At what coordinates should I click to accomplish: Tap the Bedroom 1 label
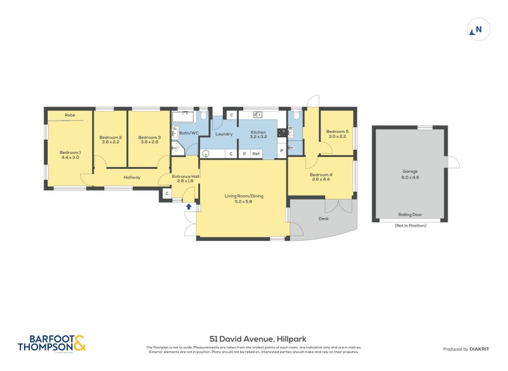tap(70, 152)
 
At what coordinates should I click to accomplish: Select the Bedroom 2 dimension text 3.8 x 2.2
tap(110, 142)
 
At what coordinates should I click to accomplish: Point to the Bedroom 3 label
tap(149, 137)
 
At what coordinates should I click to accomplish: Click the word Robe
tap(70, 116)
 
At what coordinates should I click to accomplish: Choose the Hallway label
tap(132, 177)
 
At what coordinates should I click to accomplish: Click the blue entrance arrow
tap(189, 206)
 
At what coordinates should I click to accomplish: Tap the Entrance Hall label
tap(186, 177)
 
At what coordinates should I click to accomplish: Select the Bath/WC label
tap(189, 133)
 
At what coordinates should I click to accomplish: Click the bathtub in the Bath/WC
tap(184, 117)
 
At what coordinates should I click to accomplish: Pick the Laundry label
tap(224, 134)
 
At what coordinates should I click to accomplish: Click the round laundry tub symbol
tap(206, 154)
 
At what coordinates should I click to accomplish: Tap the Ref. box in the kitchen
tap(257, 154)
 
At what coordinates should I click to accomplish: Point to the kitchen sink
tap(258, 115)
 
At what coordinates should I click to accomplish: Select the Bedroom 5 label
tap(337, 132)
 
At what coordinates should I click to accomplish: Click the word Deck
tap(323, 219)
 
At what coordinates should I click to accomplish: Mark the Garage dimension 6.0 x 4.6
tap(410, 177)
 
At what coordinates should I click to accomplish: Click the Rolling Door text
tap(410, 215)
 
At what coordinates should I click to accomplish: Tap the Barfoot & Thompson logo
tap(51, 343)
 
